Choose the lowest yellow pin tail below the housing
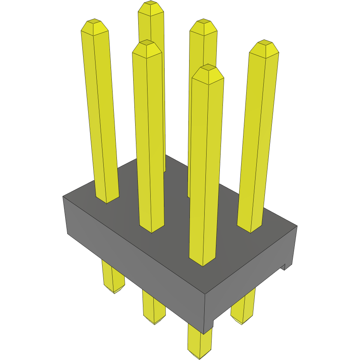pyautogui.click(x=200, y=344)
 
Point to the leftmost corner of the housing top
pyautogui.click(x=63, y=197)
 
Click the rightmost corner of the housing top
pyautogui.click(x=297, y=226)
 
